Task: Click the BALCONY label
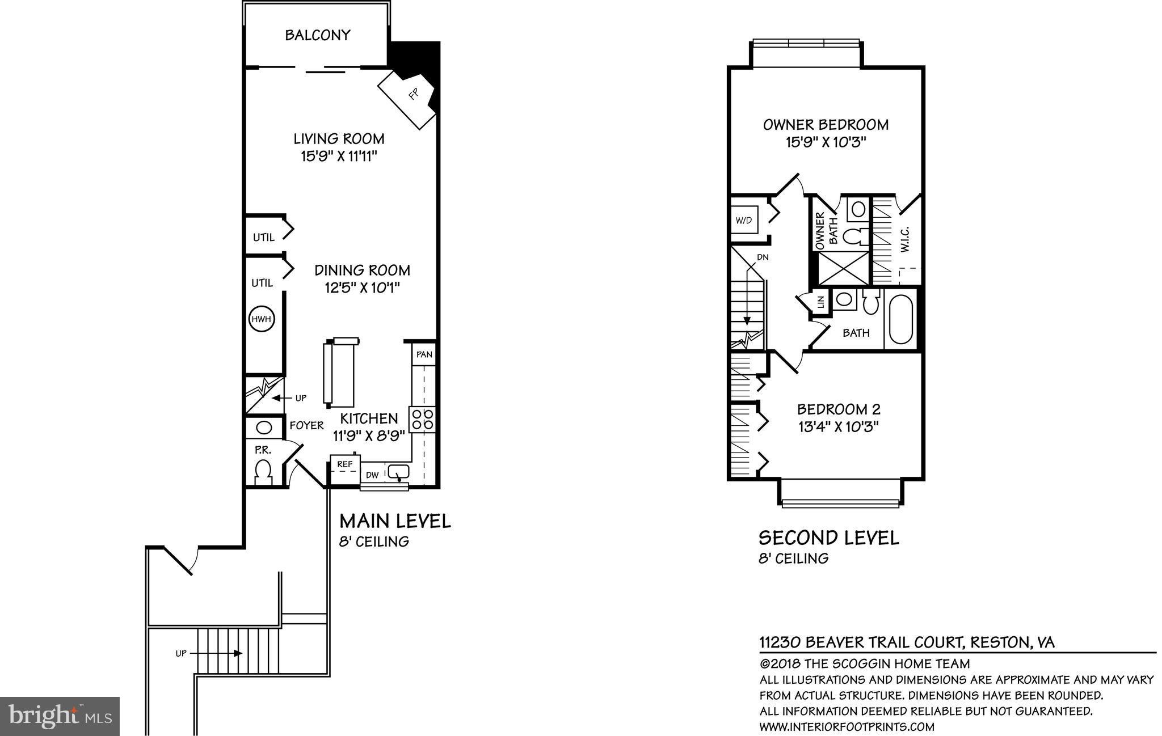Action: tap(317, 35)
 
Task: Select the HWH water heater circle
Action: tap(262, 320)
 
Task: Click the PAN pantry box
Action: tap(424, 354)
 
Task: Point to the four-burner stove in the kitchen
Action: tap(423, 420)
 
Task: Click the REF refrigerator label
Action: tap(344, 464)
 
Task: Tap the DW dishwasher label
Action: tap(372, 475)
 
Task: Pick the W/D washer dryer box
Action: tap(744, 221)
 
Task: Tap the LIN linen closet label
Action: tap(820, 302)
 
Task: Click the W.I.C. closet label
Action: tap(905, 239)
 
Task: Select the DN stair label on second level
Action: tap(763, 257)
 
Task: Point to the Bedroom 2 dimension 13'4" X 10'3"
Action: tap(838, 426)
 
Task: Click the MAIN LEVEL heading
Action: tap(395, 521)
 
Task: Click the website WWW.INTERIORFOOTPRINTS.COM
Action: tap(847, 727)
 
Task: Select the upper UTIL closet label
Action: tap(263, 238)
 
